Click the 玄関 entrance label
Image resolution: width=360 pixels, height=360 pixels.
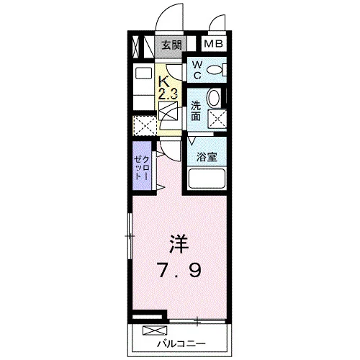pyautogui.click(x=171, y=45)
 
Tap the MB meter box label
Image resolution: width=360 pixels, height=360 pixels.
pyautogui.click(x=214, y=44)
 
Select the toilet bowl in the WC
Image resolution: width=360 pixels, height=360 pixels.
pyautogui.click(x=215, y=70)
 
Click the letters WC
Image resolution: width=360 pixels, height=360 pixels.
pyautogui.click(x=197, y=70)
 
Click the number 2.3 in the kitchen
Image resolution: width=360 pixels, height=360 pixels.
pyautogui.click(x=168, y=94)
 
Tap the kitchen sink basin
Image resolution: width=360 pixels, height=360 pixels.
pyautogui.click(x=144, y=73)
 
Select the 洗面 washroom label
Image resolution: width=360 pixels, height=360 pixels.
pyautogui.click(x=196, y=111)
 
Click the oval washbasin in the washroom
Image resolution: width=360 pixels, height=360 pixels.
pyautogui.click(x=213, y=98)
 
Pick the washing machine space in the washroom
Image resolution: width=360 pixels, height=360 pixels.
pyautogui.click(x=217, y=120)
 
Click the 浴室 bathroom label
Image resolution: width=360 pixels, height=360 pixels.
pyautogui.click(x=207, y=157)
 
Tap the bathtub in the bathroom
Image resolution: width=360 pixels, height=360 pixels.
pyautogui.click(x=207, y=179)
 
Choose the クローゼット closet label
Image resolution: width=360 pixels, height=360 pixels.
pyautogui.click(x=142, y=168)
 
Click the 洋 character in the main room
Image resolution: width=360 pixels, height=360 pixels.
pyautogui.click(x=179, y=243)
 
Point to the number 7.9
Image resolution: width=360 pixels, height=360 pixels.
pyautogui.click(x=179, y=271)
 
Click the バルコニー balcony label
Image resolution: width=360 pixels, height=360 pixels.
pyautogui.click(x=181, y=344)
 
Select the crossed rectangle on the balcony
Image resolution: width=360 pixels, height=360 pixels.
pyautogui.click(x=155, y=330)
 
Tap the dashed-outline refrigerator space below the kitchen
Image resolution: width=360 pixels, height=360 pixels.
pyautogui.click(x=145, y=126)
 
